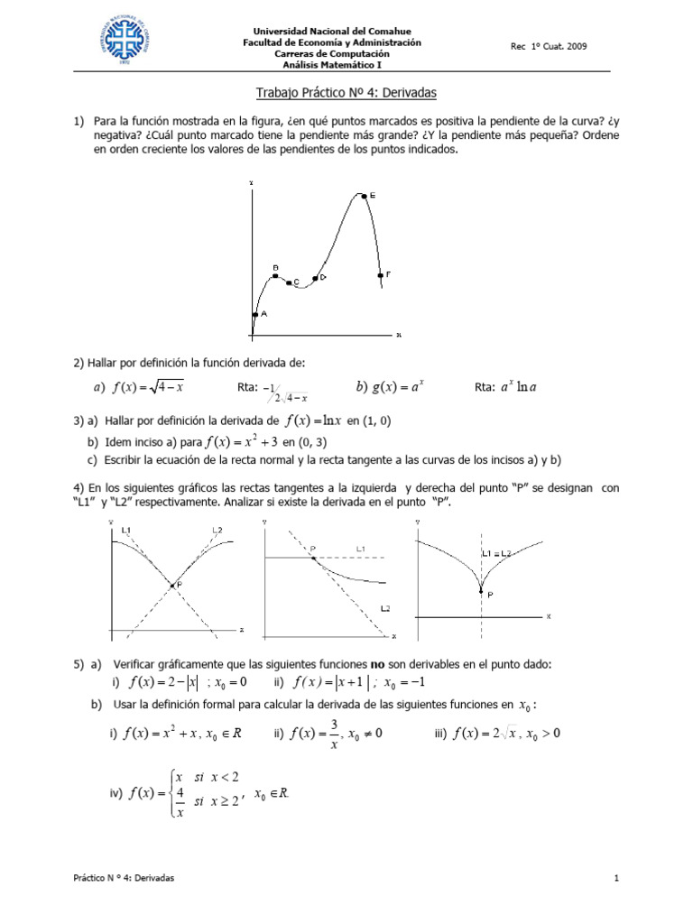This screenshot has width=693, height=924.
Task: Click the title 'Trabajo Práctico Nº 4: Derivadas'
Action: click(346, 93)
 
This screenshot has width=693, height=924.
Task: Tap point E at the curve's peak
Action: click(363, 195)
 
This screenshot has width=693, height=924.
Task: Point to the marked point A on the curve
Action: click(255, 314)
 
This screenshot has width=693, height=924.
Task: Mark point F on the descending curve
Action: click(381, 274)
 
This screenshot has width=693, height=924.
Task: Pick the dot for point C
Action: click(289, 282)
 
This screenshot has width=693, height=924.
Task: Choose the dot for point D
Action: click(315, 278)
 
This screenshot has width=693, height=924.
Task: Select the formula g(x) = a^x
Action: click(390, 387)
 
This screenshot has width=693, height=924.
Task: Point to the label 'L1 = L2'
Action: click(496, 552)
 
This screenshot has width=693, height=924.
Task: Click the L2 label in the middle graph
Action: click(385, 610)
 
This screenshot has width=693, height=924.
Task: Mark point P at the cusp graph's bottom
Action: click(481, 590)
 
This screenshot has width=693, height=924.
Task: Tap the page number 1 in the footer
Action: click(615, 878)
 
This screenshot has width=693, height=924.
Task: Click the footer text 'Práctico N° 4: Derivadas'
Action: click(125, 878)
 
